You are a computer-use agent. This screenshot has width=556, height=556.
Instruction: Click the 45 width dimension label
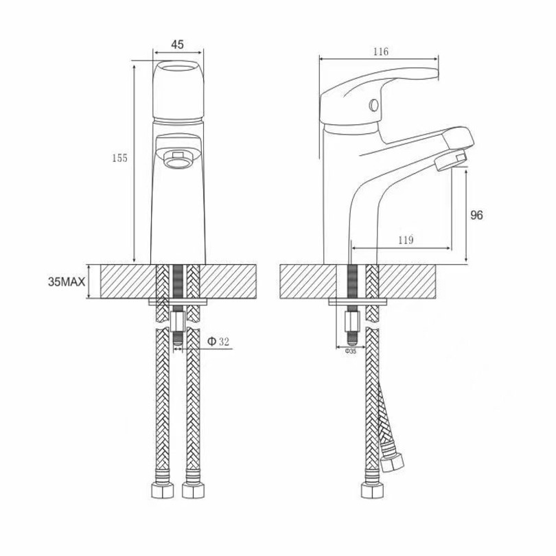(x=178, y=45)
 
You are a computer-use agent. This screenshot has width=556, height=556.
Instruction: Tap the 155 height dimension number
(x=120, y=158)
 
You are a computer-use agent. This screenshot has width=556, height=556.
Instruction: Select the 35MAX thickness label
(x=67, y=282)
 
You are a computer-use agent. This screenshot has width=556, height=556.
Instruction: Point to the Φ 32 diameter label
(x=218, y=341)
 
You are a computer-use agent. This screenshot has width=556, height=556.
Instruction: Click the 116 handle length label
(x=380, y=51)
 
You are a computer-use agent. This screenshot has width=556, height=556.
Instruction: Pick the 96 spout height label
(x=476, y=215)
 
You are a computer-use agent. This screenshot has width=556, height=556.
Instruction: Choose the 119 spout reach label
(x=406, y=240)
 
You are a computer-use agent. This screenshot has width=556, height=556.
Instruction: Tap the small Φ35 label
(x=350, y=351)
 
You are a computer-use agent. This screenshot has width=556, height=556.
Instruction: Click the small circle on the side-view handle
(x=373, y=105)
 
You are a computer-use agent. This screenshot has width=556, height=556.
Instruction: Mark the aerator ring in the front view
(x=178, y=159)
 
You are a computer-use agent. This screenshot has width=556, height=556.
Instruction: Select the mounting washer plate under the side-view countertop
(x=358, y=302)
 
